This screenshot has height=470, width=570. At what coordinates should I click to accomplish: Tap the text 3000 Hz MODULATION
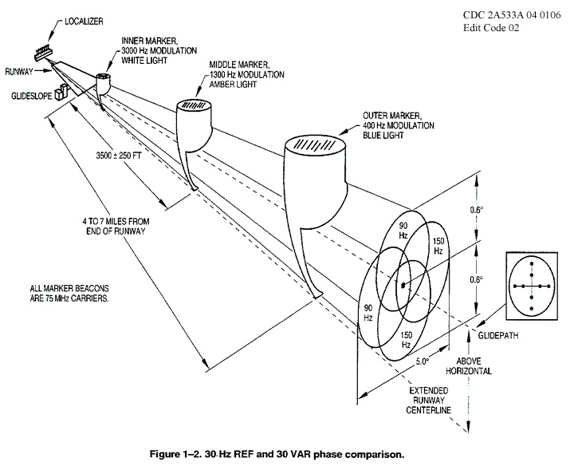154,49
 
